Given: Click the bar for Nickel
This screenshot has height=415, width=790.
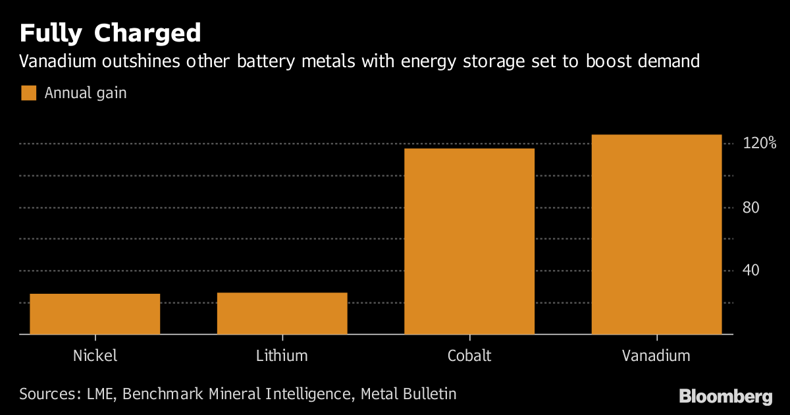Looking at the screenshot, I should click(95, 314).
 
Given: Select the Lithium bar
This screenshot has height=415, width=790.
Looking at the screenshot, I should click(282, 314).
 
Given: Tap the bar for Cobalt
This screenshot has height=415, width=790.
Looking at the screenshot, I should click(469, 242).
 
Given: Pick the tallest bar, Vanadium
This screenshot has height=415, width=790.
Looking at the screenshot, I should click(656, 235).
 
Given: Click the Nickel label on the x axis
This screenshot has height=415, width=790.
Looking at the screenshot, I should click(95, 356).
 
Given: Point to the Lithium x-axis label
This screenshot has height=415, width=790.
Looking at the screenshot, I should click(282, 356).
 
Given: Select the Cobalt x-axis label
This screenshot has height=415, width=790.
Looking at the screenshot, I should click(469, 356).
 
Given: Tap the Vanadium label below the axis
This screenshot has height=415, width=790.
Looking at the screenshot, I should click(656, 356).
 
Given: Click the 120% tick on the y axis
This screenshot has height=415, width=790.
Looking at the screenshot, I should click(760, 143).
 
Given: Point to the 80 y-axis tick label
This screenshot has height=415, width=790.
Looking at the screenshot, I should click(751, 207).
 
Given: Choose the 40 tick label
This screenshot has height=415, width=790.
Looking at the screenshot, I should click(751, 271).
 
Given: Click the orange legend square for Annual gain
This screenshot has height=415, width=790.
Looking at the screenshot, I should click(28, 93).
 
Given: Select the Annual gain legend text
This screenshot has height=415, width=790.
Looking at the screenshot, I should click(86, 94).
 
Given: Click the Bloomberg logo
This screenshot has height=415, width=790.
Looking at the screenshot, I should click(725, 397).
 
